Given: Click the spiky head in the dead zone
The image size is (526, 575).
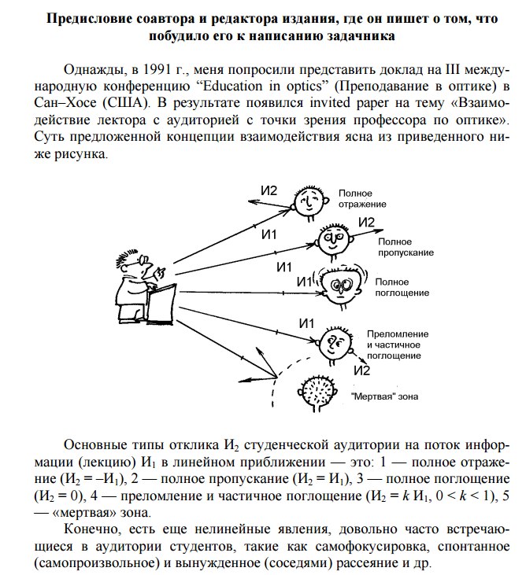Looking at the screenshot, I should pos(320,390).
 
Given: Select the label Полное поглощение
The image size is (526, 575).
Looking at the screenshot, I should pos(402,287).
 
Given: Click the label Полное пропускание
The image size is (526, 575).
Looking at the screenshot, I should pos(406,246).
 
